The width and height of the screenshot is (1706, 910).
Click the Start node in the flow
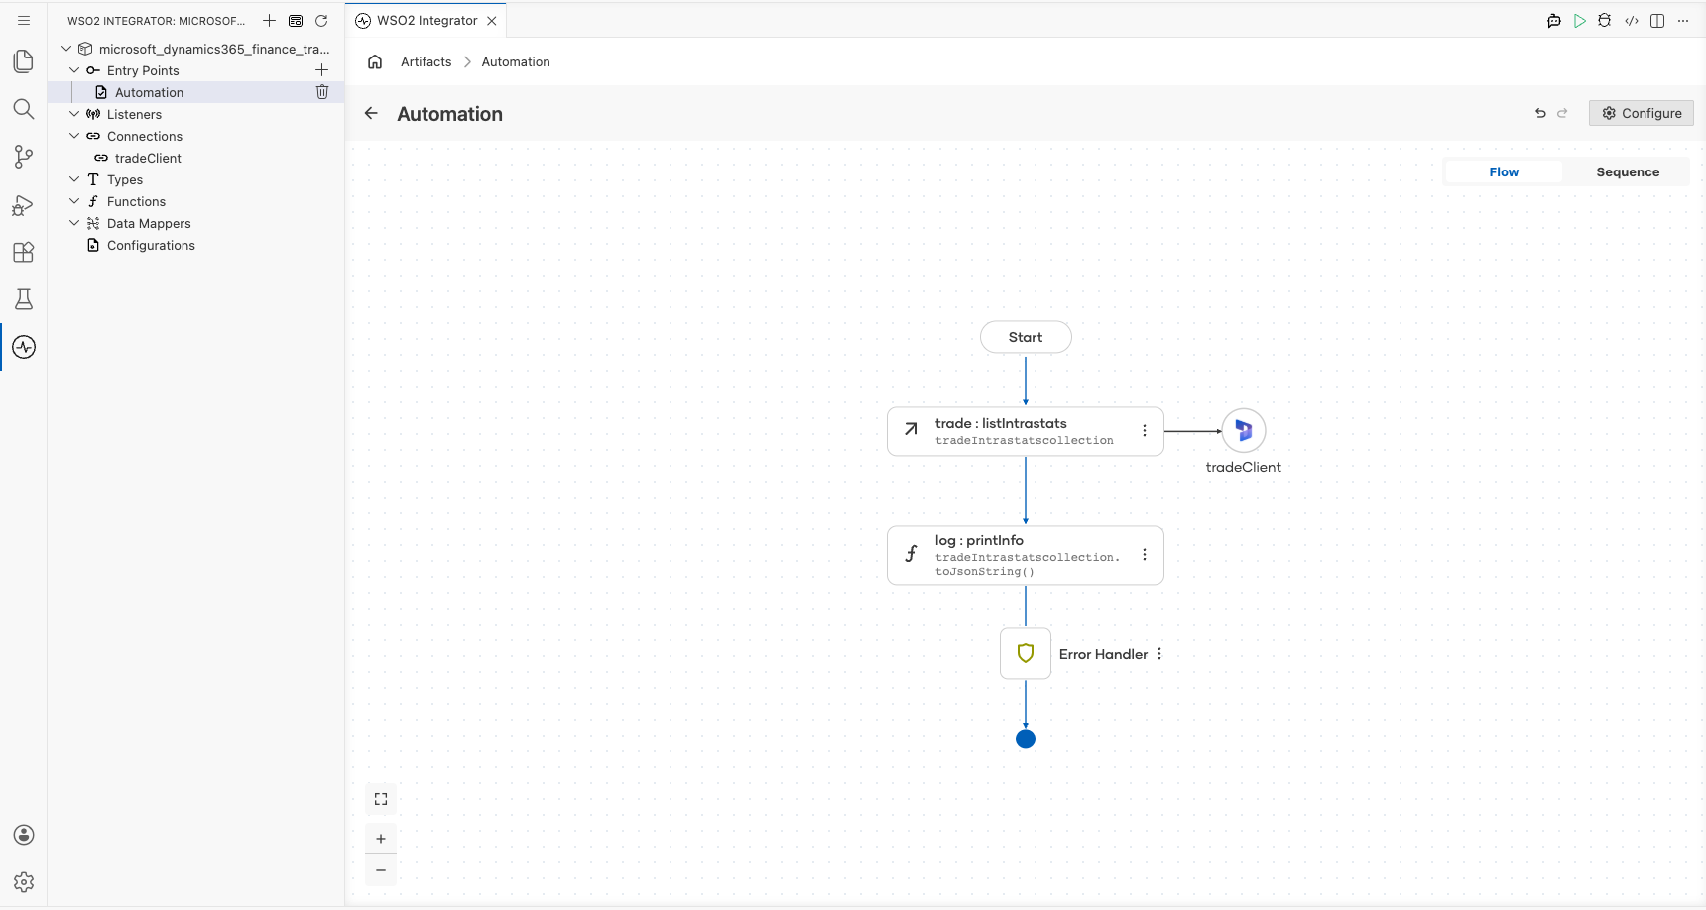click(x=1026, y=337)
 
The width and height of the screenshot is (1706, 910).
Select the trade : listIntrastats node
click(x=1026, y=431)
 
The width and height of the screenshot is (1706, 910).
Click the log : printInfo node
click(x=1026, y=555)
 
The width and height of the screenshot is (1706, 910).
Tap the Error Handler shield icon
click(x=1026, y=654)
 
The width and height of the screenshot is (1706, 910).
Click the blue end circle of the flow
click(x=1026, y=739)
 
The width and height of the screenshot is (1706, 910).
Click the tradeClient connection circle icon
click(x=1244, y=431)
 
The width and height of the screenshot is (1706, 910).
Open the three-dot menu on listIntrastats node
click(x=1145, y=431)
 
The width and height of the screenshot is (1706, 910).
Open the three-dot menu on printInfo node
click(x=1145, y=555)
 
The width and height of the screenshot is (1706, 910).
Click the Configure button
click(x=1642, y=113)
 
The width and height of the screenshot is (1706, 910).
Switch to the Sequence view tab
click(x=1628, y=172)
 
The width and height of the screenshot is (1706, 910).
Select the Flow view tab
click(x=1504, y=172)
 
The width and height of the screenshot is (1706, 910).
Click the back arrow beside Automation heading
click(x=371, y=113)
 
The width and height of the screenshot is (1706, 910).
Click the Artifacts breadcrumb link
click(x=426, y=61)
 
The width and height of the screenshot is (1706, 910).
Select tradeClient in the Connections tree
click(x=148, y=158)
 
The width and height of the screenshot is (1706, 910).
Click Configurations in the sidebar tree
click(x=151, y=245)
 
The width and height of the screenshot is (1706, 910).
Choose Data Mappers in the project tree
click(x=149, y=223)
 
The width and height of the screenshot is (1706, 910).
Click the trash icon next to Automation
click(x=322, y=92)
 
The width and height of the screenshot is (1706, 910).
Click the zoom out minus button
click(x=381, y=870)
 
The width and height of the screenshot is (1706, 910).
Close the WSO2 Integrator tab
click(x=492, y=21)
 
